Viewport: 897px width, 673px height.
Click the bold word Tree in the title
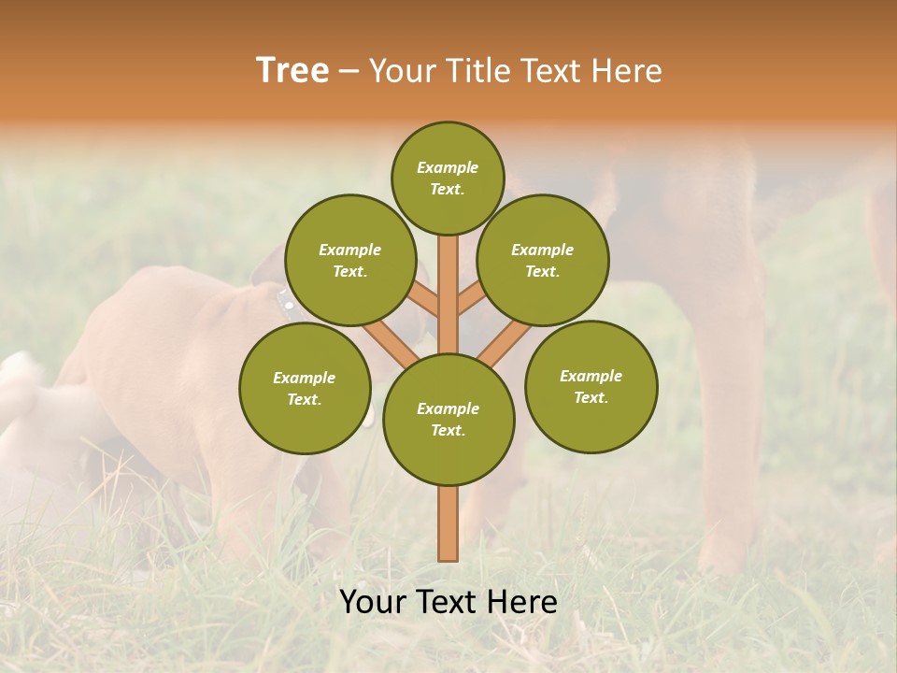[292, 71]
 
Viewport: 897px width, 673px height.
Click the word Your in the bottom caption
[373, 602]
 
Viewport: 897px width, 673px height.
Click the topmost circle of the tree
[448, 178]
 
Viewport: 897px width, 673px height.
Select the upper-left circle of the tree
[350, 260]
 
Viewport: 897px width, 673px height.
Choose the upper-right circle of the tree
[543, 260]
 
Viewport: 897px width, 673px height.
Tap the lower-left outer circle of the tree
[305, 388]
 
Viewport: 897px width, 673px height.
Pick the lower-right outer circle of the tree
[591, 386]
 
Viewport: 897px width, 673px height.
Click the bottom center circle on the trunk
[448, 420]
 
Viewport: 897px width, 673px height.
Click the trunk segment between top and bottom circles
[448, 294]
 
